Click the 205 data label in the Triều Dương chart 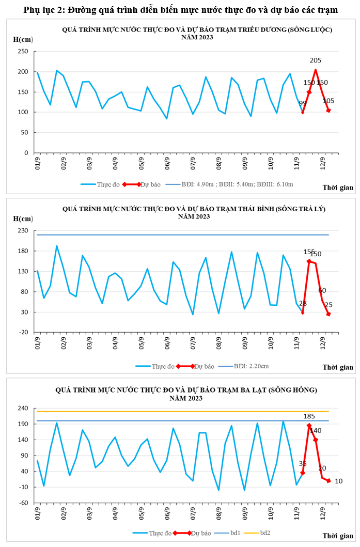(316, 60)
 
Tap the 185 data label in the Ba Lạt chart (309, 416)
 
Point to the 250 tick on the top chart (23, 52)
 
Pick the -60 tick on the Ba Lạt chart (23, 503)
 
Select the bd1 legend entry (234, 533)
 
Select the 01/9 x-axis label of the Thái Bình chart (37, 343)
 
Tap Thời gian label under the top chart (338, 187)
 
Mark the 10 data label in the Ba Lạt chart (338, 481)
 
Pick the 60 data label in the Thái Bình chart (322, 290)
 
